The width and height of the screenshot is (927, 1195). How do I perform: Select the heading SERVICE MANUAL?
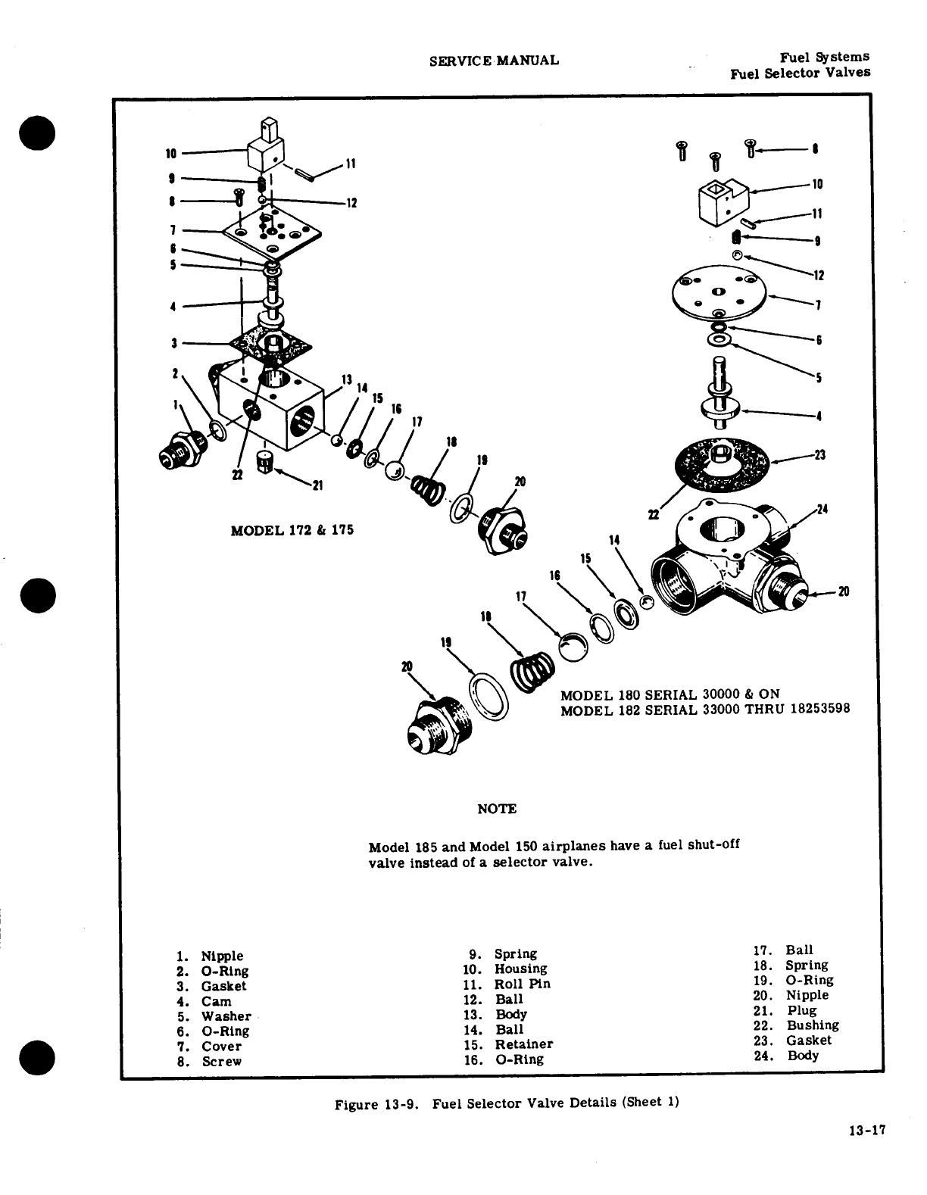click(494, 61)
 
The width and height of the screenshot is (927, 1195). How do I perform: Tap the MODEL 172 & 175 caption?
click(292, 530)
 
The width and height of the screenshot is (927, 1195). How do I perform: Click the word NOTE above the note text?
click(497, 809)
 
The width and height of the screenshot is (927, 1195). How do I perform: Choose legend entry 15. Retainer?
click(508, 1044)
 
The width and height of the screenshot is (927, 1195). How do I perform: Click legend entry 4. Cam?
click(204, 1001)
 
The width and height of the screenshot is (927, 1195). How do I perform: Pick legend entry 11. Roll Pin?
click(507, 984)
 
